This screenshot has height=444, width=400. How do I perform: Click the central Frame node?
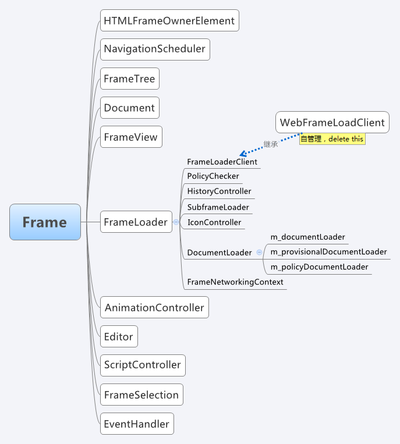click(45, 222)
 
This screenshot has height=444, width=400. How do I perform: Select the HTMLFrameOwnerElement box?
click(169, 21)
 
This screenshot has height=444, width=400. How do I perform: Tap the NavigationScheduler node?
click(154, 49)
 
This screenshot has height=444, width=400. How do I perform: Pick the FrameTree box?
click(129, 79)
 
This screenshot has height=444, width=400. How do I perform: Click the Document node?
click(129, 108)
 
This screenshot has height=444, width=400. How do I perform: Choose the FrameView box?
click(130, 137)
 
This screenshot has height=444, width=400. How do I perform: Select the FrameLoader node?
click(136, 222)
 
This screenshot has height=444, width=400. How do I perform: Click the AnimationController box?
click(154, 307)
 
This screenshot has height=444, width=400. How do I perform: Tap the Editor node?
click(118, 336)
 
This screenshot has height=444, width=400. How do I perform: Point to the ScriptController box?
click(142, 365)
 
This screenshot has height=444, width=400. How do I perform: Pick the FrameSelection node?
click(141, 395)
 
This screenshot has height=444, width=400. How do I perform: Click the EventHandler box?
click(136, 424)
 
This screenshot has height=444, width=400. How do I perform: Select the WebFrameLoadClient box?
click(332, 122)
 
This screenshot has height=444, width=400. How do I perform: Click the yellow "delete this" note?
click(332, 139)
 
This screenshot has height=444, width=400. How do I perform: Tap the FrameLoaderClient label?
click(222, 162)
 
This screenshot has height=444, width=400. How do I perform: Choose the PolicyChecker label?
click(213, 176)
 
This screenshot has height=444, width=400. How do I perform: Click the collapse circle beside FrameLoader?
click(176, 222)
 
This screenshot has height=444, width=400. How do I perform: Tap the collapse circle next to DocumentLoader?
click(259, 253)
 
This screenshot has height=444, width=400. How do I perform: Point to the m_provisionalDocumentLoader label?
click(328, 252)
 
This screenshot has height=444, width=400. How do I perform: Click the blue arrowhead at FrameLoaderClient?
click(243, 154)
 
